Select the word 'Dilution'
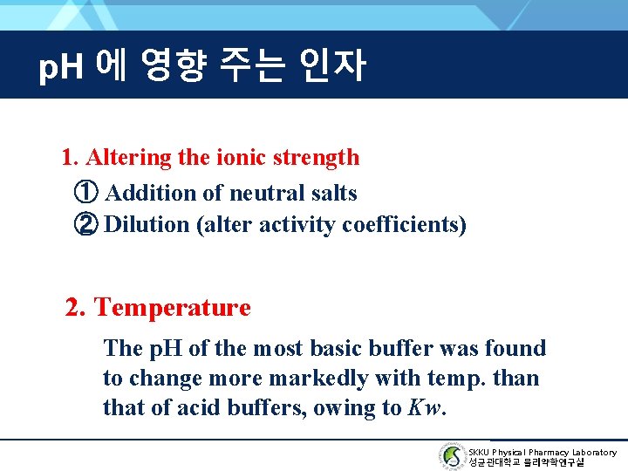(x=147, y=224)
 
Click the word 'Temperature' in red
(x=172, y=308)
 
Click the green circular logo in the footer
(x=451, y=456)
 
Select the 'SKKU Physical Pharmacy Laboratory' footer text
(x=542, y=452)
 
